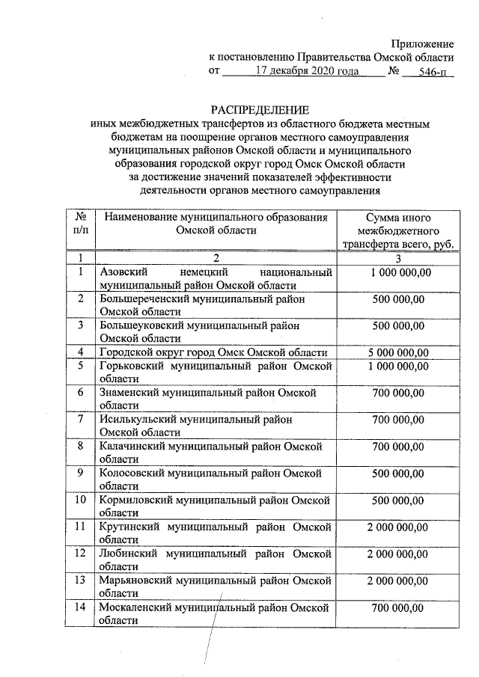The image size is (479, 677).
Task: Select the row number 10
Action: (80, 500)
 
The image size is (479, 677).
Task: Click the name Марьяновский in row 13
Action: (135, 580)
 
